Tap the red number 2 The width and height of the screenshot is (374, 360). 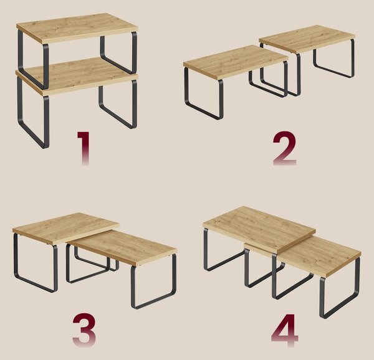tap(285, 148)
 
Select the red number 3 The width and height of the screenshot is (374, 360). tap(84, 330)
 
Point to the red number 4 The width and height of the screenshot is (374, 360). tap(285, 330)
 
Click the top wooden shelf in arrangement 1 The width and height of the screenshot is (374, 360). tap(77, 28)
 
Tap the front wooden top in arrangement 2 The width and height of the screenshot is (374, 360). tap(236, 62)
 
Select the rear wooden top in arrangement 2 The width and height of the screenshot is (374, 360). tap(307, 39)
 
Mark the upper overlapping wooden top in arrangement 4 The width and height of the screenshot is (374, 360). tap(259, 228)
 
